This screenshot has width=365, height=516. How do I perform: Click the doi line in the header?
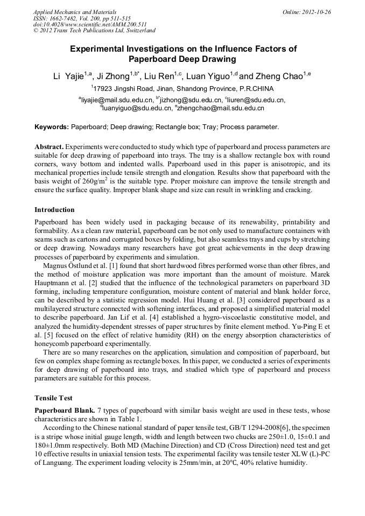[x=90, y=25]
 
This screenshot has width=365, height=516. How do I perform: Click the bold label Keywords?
[x=52, y=128]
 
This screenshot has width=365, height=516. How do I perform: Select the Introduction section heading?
[x=54, y=210]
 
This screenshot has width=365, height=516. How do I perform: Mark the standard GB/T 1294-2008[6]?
[x=254, y=428]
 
